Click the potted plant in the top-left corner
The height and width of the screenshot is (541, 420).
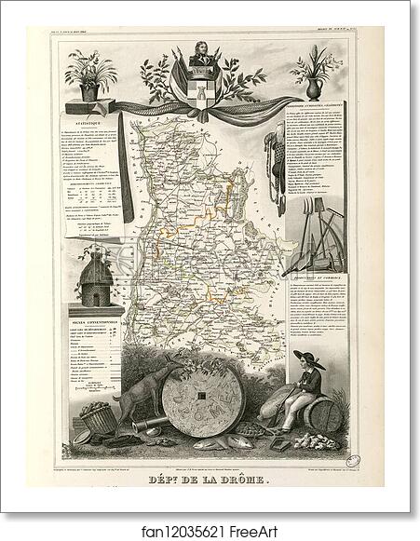(x=91, y=74)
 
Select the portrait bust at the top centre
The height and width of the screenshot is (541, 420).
(x=200, y=61)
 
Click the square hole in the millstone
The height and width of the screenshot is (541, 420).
(x=200, y=403)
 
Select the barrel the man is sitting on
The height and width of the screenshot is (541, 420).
(x=326, y=415)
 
